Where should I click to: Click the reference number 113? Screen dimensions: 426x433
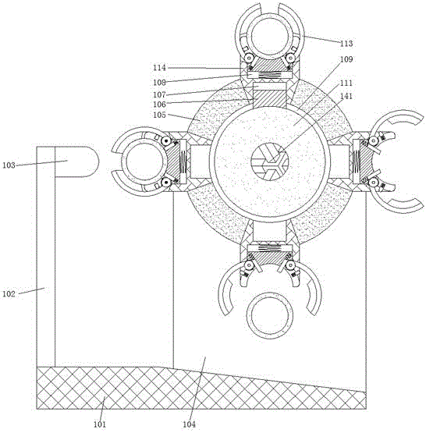coord(346,44)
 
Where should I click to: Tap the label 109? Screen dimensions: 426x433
coord(346,59)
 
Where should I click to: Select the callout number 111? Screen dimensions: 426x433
coord(346,83)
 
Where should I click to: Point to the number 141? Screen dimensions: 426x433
coord(346,96)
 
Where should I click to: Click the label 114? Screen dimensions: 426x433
coord(160,68)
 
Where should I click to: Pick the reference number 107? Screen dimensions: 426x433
coord(160,94)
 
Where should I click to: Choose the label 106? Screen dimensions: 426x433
coord(160,105)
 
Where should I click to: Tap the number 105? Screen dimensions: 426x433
coord(160,115)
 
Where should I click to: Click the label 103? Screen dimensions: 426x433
coord(9,165)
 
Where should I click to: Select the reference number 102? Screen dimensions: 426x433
coord(9,294)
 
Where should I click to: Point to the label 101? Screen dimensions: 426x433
coord(100,424)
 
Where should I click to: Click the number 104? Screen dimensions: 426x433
coord(189,424)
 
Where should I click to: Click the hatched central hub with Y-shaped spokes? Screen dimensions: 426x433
coord(269,161)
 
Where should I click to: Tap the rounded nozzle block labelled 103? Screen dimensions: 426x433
coord(76,161)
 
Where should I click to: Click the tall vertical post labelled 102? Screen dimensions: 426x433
coord(46,257)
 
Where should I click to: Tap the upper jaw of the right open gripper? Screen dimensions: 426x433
coord(397,116)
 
